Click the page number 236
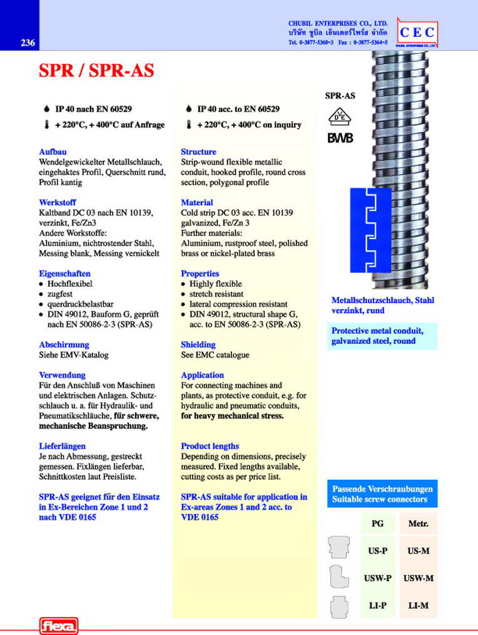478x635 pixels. [x=28, y=43]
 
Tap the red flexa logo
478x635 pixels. [x=58, y=625]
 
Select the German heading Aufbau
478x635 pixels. [x=53, y=152]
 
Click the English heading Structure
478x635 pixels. [x=198, y=152]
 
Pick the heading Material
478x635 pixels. [x=196, y=202]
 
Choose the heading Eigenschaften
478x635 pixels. [x=64, y=274]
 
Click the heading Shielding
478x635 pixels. [x=198, y=344]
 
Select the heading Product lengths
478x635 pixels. [x=210, y=446]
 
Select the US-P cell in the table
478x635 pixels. [x=378, y=551]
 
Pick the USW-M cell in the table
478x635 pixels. [x=418, y=579]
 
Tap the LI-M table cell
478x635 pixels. [x=418, y=606]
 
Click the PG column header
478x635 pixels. [x=378, y=524]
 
